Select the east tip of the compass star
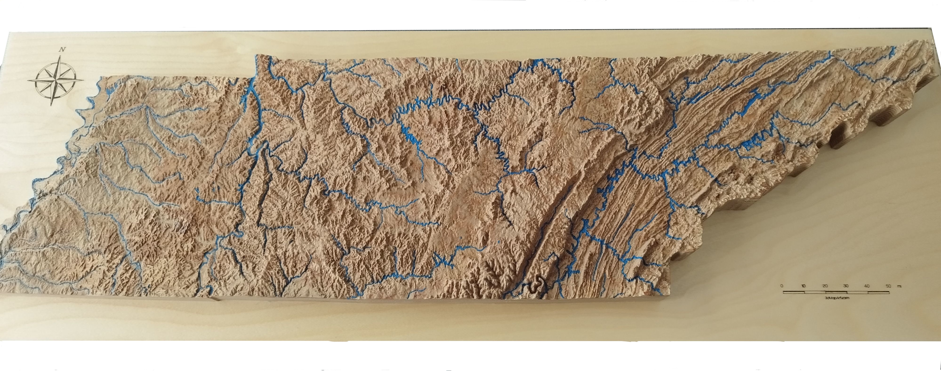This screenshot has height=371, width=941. (x=83, y=80)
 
